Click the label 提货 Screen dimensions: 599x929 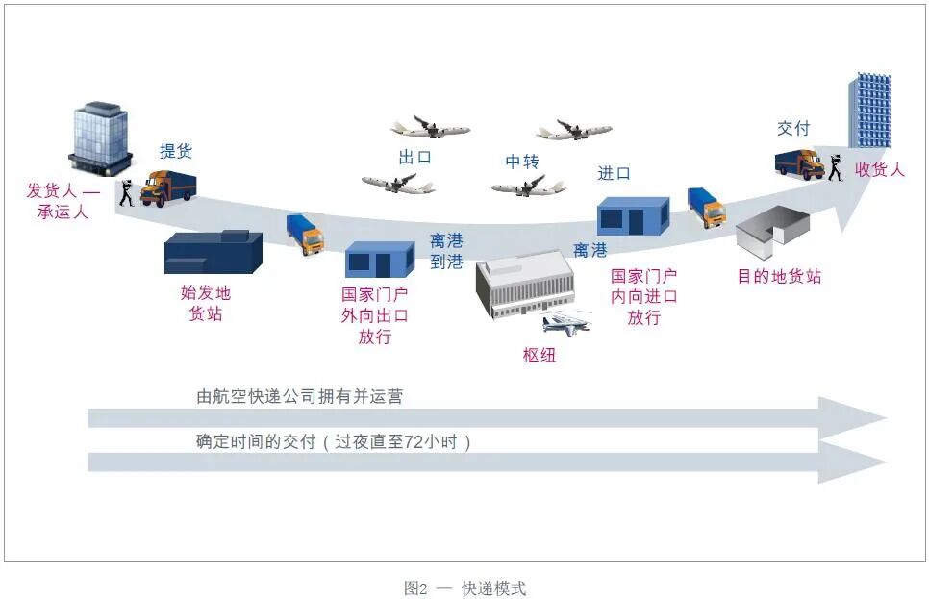(176, 151)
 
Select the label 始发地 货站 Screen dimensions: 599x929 (206, 303)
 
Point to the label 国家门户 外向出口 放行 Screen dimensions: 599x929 (375, 315)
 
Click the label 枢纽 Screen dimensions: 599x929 (540, 355)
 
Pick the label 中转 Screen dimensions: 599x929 (522, 162)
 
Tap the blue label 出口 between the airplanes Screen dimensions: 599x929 (415, 157)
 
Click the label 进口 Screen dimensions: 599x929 (614, 173)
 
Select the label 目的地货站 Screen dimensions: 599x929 (779, 277)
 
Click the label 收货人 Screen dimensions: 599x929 (879, 170)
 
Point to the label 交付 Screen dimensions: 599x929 (793, 128)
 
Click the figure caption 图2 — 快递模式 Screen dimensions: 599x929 (464, 588)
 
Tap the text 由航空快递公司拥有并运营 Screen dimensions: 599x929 (299, 395)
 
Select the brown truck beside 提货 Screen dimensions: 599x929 (168, 187)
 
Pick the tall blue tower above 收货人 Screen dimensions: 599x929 (869, 109)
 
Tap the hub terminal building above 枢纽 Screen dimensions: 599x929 (525, 286)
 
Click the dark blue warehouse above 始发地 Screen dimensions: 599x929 (213, 252)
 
